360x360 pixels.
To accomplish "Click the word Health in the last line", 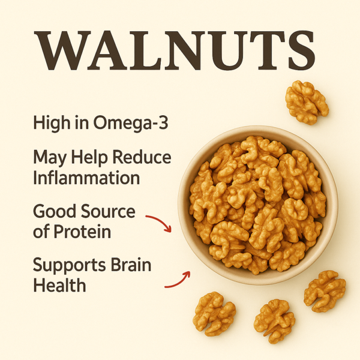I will click(x=59, y=284).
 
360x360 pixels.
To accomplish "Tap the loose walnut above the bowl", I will click(x=307, y=102).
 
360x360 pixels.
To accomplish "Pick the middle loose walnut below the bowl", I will click(x=274, y=321).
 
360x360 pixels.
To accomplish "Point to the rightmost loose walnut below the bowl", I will click(x=325, y=291).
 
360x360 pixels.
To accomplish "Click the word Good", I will click(x=54, y=212).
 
